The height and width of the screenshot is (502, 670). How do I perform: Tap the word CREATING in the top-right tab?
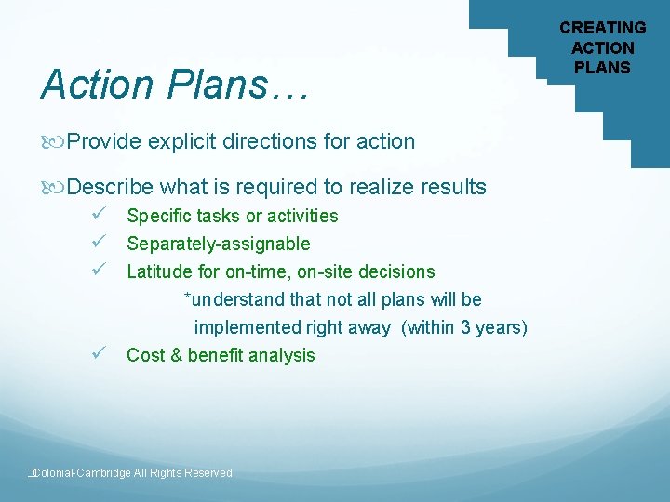click(x=602, y=28)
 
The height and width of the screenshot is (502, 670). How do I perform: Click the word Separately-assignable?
click(x=218, y=244)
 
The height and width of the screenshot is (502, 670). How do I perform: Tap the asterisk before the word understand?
click(x=187, y=298)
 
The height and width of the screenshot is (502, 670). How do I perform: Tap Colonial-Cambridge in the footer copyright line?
click(x=80, y=473)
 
